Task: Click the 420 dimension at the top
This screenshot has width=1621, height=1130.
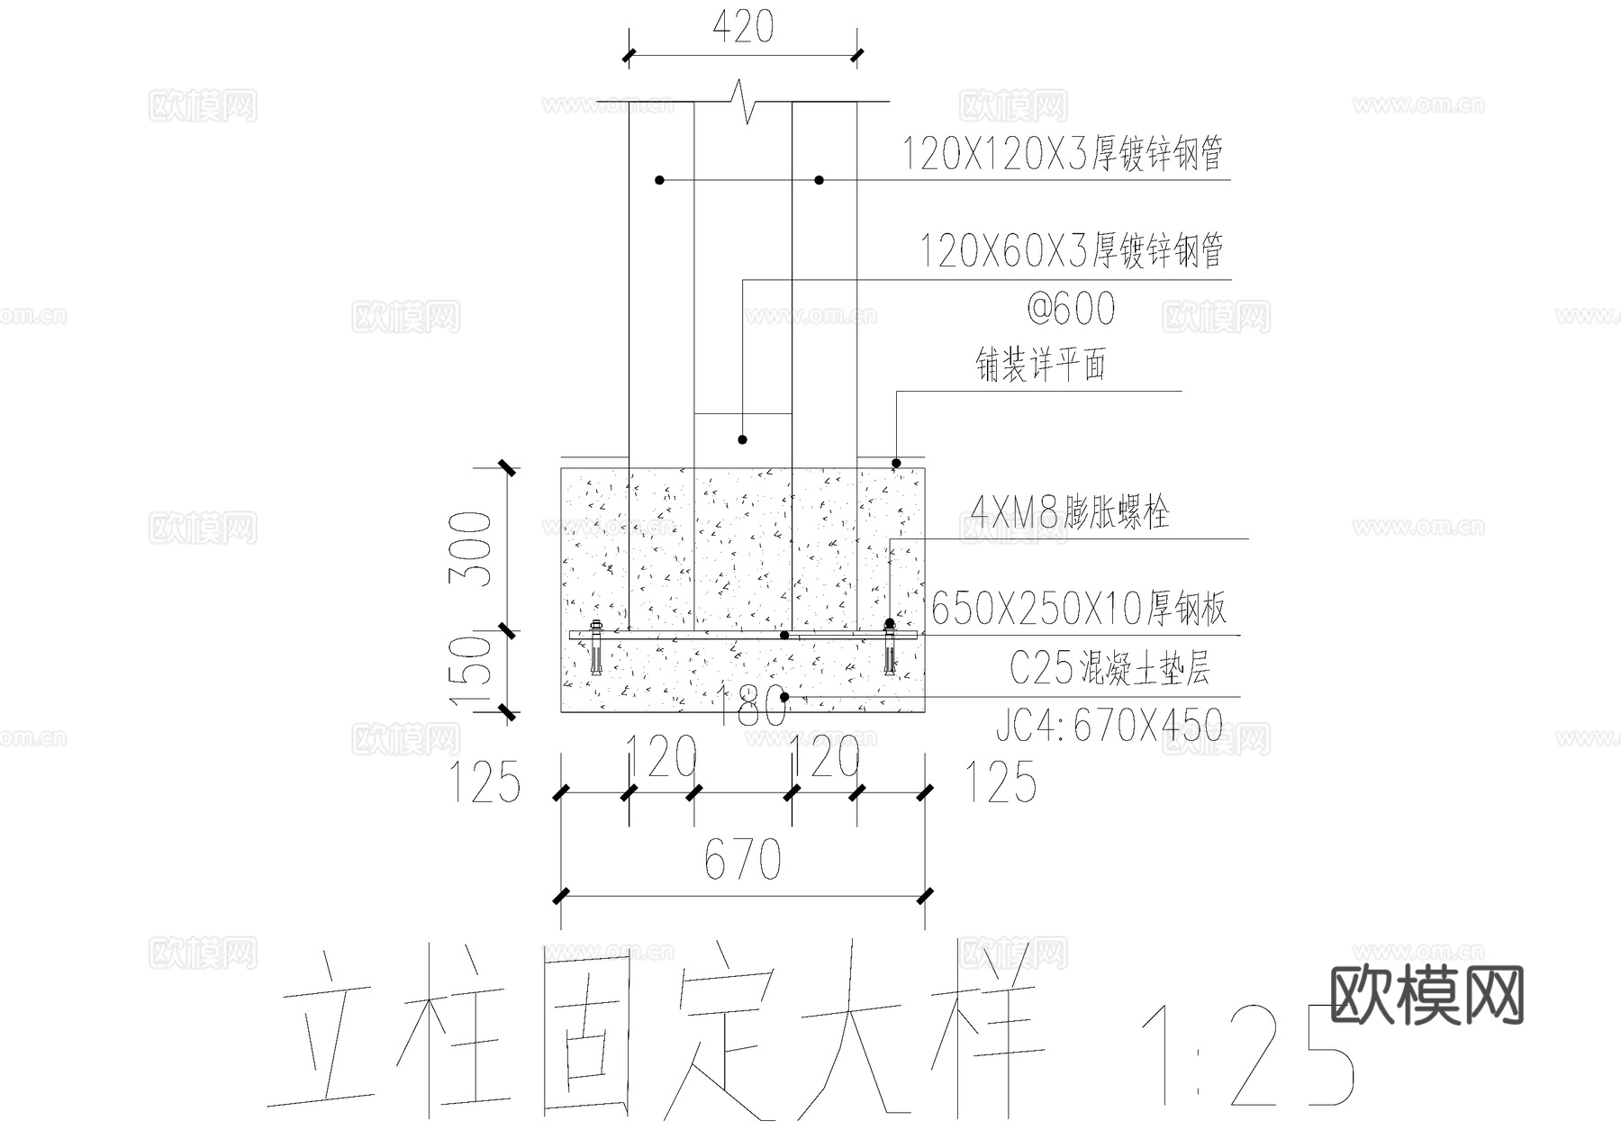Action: pyautogui.click(x=743, y=28)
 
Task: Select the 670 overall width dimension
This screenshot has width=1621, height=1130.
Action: pyautogui.click(x=742, y=859)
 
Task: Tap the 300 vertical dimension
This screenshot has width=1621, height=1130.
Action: pyautogui.click(x=474, y=549)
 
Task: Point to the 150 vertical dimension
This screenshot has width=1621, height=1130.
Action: pyautogui.click(x=474, y=672)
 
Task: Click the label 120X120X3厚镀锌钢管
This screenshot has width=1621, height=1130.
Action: pyautogui.click(x=1062, y=154)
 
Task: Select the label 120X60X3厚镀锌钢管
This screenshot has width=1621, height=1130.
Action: pyautogui.click(x=1071, y=250)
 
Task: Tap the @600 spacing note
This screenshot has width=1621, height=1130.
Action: pyautogui.click(x=1071, y=310)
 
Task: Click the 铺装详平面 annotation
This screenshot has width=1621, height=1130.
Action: pyautogui.click(x=1041, y=365)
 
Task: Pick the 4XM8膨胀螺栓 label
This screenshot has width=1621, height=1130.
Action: pyautogui.click(x=1070, y=513)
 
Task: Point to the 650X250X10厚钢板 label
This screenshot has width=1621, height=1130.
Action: pyautogui.click(x=1078, y=610)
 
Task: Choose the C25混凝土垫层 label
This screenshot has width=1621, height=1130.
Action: pyautogui.click(x=1109, y=668)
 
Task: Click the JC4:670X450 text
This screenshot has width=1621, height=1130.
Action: pyautogui.click(x=1109, y=725)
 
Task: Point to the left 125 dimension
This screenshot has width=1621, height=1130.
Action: pyautogui.click(x=484, y=782)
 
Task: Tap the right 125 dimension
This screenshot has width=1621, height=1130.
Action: pyautogui.click(x=1001, y=782)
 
